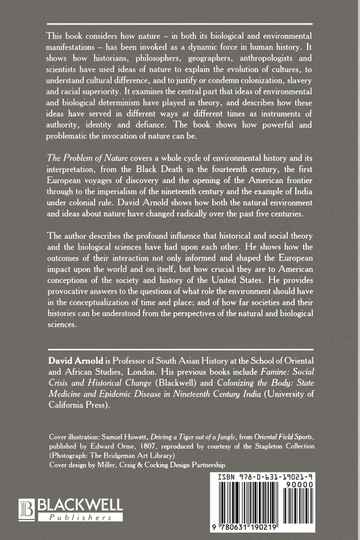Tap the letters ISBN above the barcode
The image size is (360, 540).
point(225,478)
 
